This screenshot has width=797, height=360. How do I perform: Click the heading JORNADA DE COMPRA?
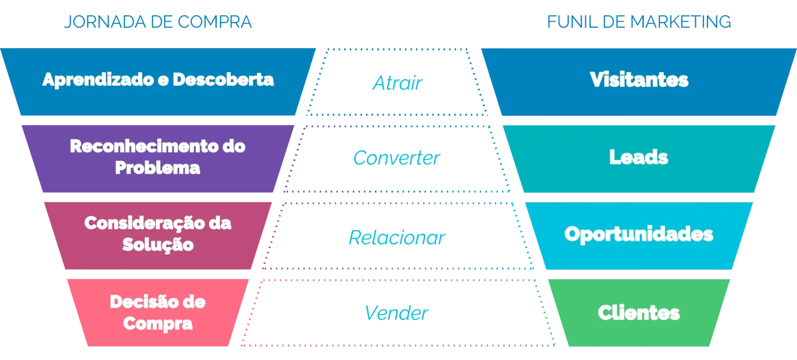pos(158,22)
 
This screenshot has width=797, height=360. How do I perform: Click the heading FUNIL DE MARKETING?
pos(640,22)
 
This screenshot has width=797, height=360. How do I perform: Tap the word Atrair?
pos(398,83)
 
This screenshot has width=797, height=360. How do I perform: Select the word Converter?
pos(396,158)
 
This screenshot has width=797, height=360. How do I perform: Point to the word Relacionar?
pos(397,238)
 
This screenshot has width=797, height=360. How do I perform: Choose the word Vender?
pos(397,313)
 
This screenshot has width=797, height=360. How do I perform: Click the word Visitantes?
pos(639,80)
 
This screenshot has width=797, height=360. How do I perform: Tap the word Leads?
pos(638,157)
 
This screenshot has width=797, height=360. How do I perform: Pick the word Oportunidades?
pos(638,234)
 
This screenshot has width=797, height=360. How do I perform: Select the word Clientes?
pos(638,312)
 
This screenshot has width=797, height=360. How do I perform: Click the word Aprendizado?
pos(98,80)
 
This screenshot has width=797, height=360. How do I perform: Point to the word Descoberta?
pos(223,80)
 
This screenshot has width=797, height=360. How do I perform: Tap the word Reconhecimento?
pos(146,146)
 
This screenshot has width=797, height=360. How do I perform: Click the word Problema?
pos(157,168)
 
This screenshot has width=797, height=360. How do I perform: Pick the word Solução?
pos(158,244)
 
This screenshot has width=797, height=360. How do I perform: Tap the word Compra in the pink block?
pos(158,323)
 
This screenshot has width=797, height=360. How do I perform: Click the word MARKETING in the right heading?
pos(681,22)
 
